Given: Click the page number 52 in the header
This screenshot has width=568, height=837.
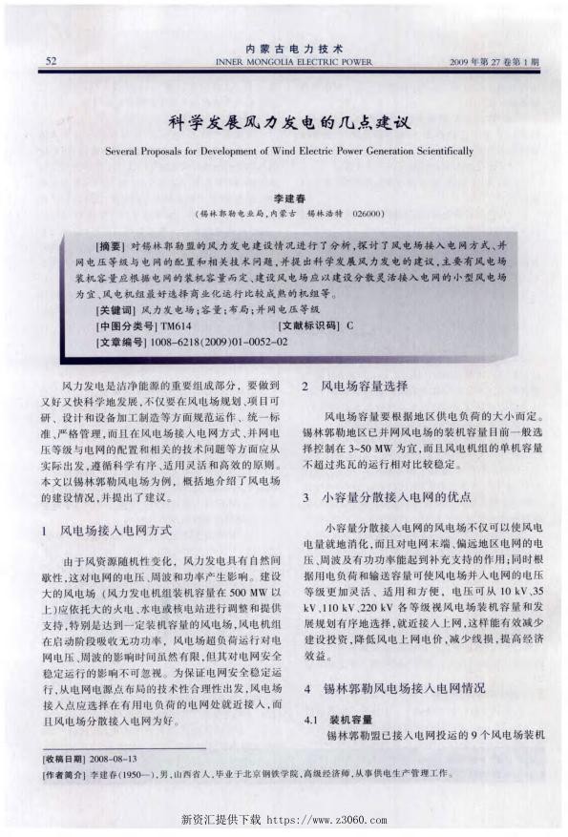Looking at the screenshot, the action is click(x=50, y=60).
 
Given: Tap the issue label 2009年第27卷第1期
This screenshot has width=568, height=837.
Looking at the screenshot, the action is click(x=494, y=61).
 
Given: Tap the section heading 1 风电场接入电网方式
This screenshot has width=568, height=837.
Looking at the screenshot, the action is click(x=113, y=528).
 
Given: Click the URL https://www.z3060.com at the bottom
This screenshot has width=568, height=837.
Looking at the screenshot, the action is click(x=326, y=820).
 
